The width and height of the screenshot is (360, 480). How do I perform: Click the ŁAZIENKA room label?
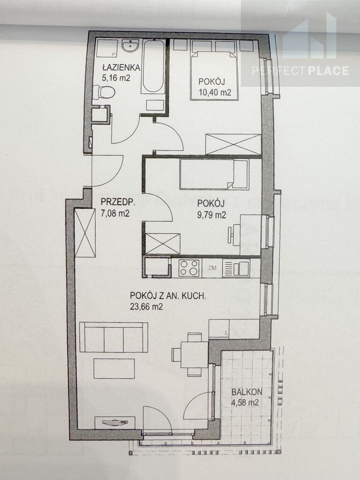[x=121, y=67]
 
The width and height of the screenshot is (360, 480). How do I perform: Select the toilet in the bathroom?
[x=104, y=91]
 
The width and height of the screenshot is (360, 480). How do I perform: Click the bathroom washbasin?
[x=130, y=46]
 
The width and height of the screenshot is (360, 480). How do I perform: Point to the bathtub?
[x=153, y=66]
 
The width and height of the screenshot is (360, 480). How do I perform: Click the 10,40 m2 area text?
[x=215, y=92]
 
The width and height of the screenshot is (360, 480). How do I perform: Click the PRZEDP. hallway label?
[x=118, y=202]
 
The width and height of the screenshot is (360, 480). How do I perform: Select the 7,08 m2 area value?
[x=115, y=213]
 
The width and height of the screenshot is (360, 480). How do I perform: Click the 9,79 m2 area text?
[x=212, y=215]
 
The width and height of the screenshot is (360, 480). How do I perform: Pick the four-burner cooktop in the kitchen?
[x=189, y=268]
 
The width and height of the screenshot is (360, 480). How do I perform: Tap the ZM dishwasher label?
[x=212, y=268]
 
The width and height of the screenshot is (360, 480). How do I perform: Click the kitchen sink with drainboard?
[x=236, y=268]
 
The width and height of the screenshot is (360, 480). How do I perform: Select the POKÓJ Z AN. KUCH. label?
[x=168, y=296]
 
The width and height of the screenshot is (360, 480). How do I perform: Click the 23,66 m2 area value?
[x=146, y=307]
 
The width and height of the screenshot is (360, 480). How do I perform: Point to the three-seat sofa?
[x=113, y=337]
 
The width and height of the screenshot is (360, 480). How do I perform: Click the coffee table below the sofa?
[x=114, y=368]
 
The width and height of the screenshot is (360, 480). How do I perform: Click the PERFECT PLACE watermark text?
[x=300, y=71]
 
